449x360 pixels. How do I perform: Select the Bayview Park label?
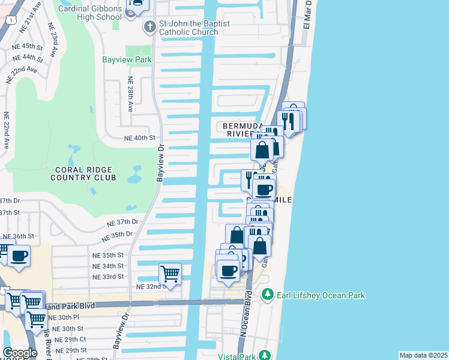126,60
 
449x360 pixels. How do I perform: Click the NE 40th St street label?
139,137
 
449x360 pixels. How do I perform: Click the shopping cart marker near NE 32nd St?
170,274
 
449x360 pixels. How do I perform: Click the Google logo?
20,353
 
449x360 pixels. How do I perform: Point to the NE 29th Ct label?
70,339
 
